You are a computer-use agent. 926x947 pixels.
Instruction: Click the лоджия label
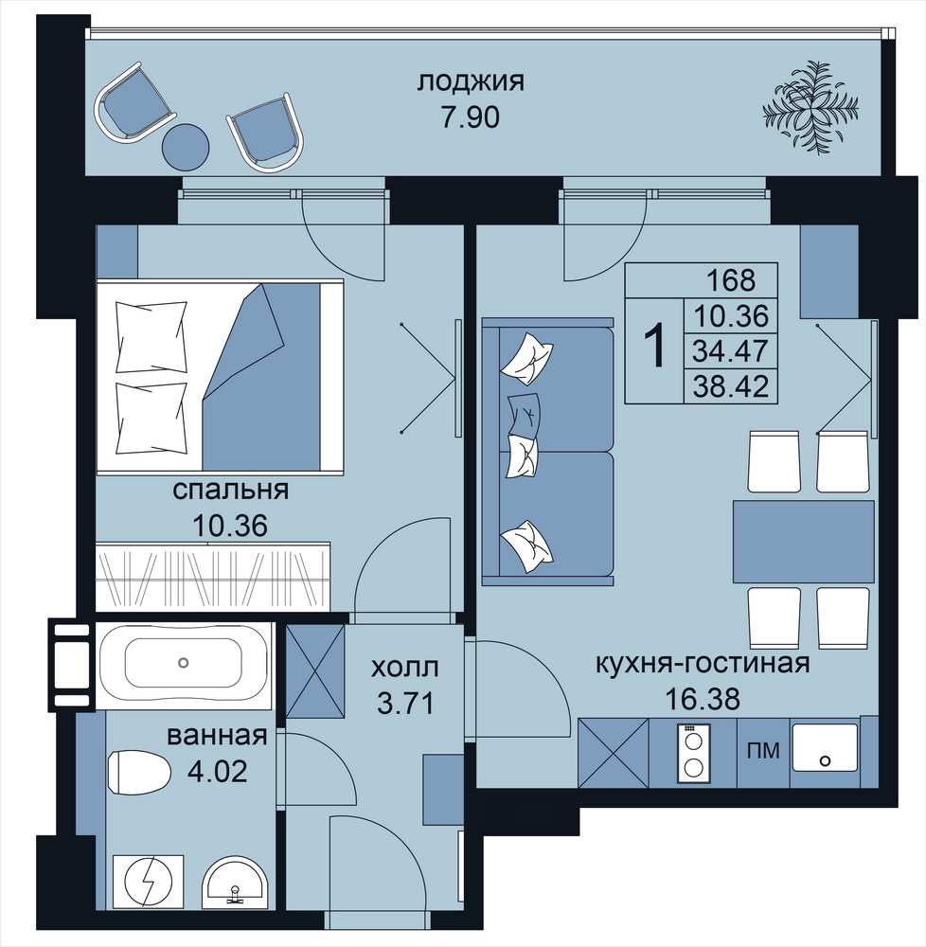click(471, 82)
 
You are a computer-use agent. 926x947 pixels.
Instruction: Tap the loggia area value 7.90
click(471, 117)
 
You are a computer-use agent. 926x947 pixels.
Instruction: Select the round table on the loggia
click(186, 147)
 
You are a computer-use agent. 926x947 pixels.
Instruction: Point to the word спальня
click(231, 490)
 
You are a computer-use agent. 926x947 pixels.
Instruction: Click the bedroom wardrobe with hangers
click(213, 577)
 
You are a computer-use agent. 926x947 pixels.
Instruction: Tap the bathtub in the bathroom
click(184, 663)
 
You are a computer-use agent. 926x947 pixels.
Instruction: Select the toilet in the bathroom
click(139, 771)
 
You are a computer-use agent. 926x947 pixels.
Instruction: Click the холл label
click(404, 668)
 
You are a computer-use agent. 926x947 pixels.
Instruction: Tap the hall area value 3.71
click(405, 704)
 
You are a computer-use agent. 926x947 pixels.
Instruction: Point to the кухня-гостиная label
click(702, 665)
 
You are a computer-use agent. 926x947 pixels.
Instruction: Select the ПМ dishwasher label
click(763, 751)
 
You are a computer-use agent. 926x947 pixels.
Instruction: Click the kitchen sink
click(825, 748)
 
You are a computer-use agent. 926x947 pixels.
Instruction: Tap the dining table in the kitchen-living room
click(804, 541)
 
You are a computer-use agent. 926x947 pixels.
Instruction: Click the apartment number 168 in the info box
click(730, 280)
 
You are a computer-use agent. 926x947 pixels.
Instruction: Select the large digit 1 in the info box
click(655, 346)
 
